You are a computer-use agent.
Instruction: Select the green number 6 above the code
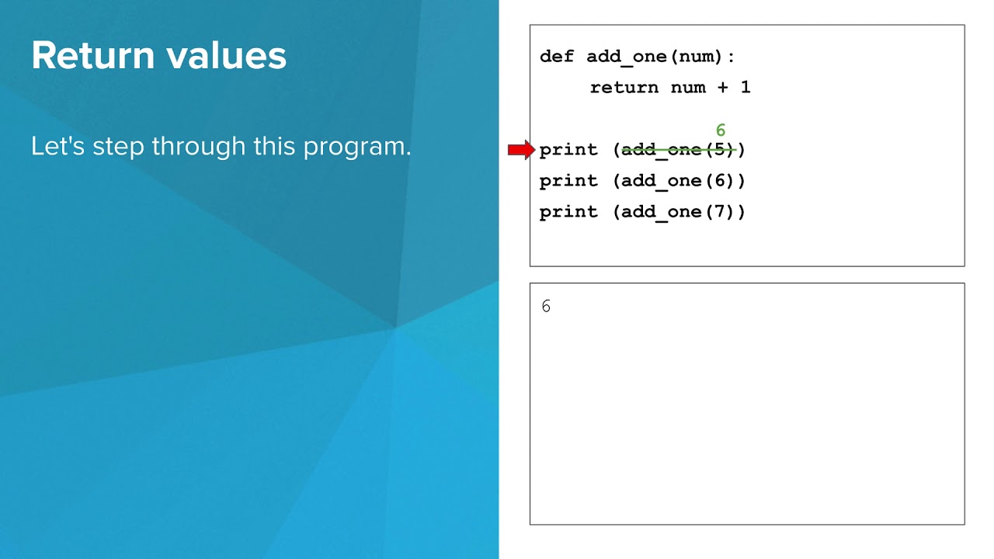[721, 130]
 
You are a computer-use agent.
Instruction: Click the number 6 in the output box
[546, 307]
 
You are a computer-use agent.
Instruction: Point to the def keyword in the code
[556, 57]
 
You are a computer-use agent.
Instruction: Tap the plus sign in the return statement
[723, 88]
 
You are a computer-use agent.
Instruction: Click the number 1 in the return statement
[745, 88]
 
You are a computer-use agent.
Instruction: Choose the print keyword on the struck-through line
[568, 150]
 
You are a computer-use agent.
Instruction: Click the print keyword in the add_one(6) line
[568, 181]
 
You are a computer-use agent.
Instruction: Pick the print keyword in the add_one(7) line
[568, 212]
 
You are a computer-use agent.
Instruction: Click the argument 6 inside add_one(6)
[719, 181]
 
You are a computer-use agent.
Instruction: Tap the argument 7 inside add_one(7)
[719, 212]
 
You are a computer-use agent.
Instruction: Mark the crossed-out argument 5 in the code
[719, 150]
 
